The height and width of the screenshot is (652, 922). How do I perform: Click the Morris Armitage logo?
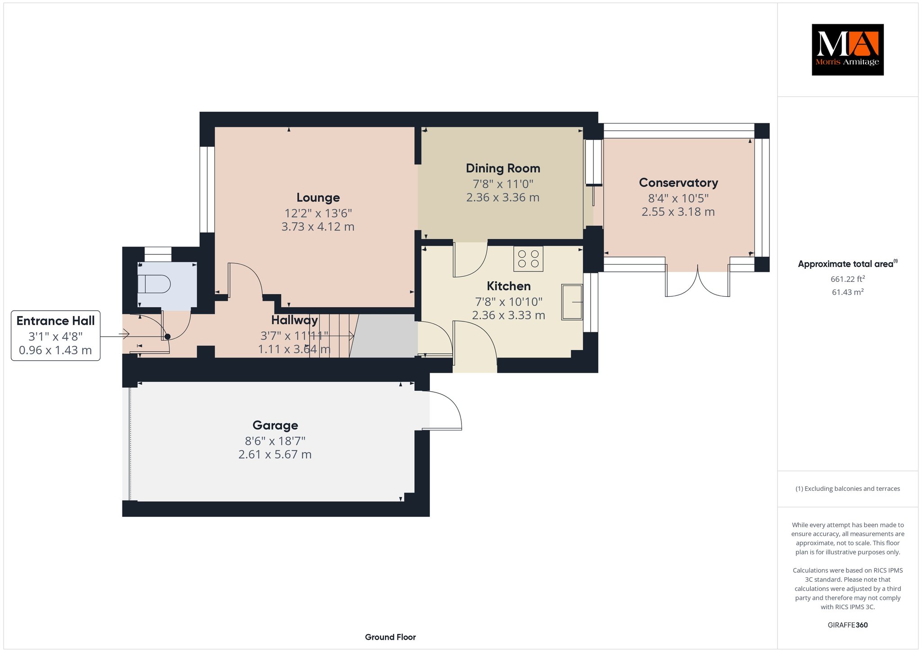click(x=847, y=50)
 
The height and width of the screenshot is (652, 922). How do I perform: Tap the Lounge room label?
click(x=318, y=198)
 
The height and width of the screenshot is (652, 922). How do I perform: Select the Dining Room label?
click(x=503, y=168)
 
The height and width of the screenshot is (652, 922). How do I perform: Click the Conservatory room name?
click(x=678, y=183)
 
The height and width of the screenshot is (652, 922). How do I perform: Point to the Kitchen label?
click(x=509, y=286)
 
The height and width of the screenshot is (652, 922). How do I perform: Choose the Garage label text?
click(x=275, y=426)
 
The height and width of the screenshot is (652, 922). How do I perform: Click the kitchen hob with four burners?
click(x=528, y=259)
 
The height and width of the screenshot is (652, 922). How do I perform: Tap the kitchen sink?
click(x=572, y=302)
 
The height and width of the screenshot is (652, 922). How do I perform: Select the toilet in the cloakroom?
click(x=154, y=285)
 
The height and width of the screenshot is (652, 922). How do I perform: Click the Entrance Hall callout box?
click(x=56, y=335)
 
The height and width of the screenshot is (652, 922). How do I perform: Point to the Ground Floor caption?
click(x=390, y=637)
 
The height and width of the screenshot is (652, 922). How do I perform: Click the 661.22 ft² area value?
click(x=848, y=279)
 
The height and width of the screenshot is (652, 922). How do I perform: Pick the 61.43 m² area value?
click(x=848, y=292)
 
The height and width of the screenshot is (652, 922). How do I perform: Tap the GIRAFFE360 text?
click(x=848, y=625)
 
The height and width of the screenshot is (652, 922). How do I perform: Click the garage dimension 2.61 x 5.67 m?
click(x=275, y=455)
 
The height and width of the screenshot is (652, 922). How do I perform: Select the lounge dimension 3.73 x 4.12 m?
click(x=318, y=227)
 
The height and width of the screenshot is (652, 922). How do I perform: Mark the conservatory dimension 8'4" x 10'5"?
click(x=678, y=198)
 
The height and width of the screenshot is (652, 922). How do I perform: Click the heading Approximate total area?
click(x=848, y=264)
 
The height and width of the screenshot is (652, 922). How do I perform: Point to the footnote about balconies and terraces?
click(x=848, y=489)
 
